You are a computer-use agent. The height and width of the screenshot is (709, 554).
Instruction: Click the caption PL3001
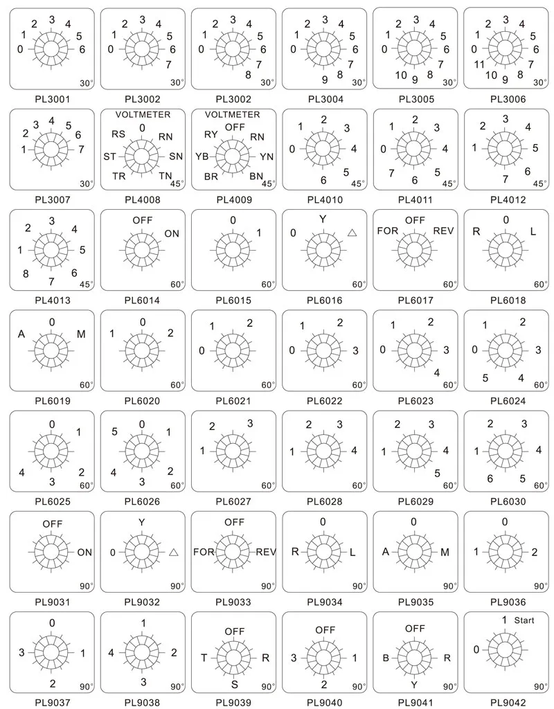pos(53,99)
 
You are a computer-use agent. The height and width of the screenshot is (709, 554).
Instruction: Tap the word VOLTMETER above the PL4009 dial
pos(233,114)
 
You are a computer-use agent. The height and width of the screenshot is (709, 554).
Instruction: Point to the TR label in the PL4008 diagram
pos(119,175)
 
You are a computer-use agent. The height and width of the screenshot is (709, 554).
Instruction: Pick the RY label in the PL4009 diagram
pos(211,134)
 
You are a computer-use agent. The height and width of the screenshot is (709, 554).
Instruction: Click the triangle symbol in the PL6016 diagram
pos(352,233)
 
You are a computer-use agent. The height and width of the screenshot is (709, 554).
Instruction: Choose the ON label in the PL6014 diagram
pos(172,234)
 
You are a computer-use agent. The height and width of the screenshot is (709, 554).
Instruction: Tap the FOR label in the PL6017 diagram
pos(388,231)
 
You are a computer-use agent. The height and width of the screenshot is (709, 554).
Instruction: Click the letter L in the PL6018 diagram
pos(533,231)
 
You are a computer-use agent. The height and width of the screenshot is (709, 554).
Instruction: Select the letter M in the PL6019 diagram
pos(81,334)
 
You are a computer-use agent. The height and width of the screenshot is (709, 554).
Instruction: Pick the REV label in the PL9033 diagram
pos(266,552)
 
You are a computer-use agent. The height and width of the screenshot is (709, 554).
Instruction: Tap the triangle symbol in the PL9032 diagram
pos(174,552)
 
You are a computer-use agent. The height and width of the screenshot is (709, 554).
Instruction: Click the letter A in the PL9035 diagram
pos(386,552)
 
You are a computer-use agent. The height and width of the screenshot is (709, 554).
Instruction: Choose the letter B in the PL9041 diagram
pos(386,658)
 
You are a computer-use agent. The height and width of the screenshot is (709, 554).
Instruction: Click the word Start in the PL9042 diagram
pos(524,620)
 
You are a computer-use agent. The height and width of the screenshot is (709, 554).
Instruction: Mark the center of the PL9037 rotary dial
pos(52,652)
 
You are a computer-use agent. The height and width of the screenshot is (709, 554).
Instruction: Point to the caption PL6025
pos(53,501)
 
